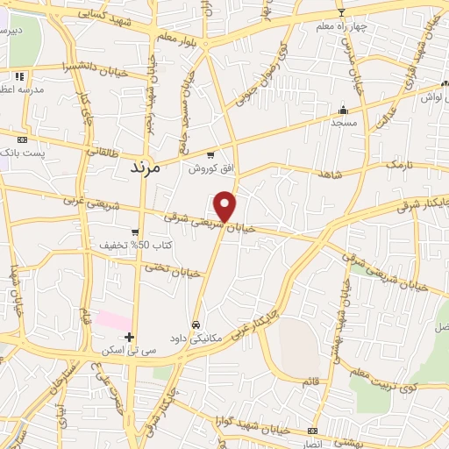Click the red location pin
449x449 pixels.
225,205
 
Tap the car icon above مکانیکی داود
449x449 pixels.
196,323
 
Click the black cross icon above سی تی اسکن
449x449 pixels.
129,337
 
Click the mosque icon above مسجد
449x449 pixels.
343,110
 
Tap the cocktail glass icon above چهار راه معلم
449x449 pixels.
341,12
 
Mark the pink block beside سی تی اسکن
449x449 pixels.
114,320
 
